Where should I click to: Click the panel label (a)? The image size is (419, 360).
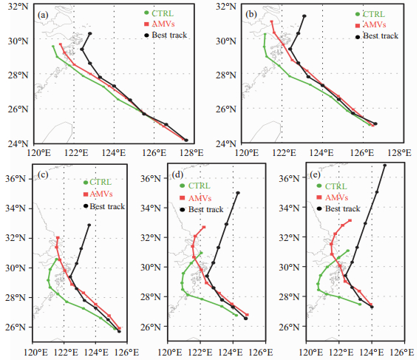(x=43, y=15)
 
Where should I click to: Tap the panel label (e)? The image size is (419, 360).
(x=316, y=174)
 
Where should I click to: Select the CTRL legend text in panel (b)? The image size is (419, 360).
(x=374, y=14)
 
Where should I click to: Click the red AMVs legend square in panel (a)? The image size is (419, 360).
(x=146, y=24)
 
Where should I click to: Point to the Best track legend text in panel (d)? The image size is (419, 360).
(x=206, y=209)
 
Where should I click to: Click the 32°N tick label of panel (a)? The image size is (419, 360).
(x=18, y=6)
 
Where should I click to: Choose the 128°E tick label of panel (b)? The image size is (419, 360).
(x=399, y=153)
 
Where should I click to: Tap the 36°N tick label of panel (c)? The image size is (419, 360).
(x=16, y=179)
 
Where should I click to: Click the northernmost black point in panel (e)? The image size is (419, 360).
(x=385, y=166)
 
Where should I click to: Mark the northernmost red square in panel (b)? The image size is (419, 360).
(x=271, y=21)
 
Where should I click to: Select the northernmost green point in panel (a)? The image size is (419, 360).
(x=53, y=47)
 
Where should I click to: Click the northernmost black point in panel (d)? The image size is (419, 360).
(x=238, y=193)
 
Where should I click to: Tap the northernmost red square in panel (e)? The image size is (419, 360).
(x=350, y=220)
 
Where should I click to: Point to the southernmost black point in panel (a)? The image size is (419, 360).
(x=186, y=140)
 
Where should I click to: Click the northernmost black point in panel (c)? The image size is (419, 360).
(x=89, y=225)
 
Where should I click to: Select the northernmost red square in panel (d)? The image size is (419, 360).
(x=204, y=227)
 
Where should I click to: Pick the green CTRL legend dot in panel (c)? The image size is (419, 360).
(x=86, y=183)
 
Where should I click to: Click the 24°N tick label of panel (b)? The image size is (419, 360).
(x=226, y=144)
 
